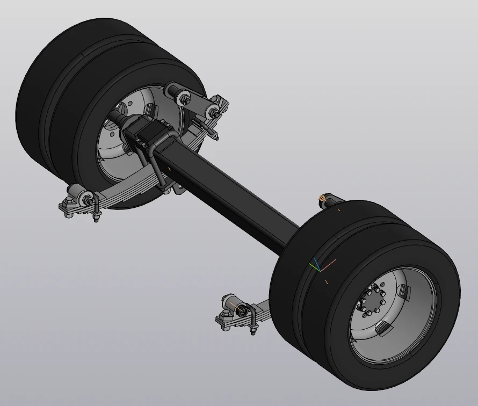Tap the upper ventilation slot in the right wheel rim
pyautogui.click(x=404, y=293)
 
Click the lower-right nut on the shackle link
pyautogui.click(x=214, y=113)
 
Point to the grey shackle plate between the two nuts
pyautogui.click(x=199, y=106)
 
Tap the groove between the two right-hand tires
pyautogui.click(x=301, y=279)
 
